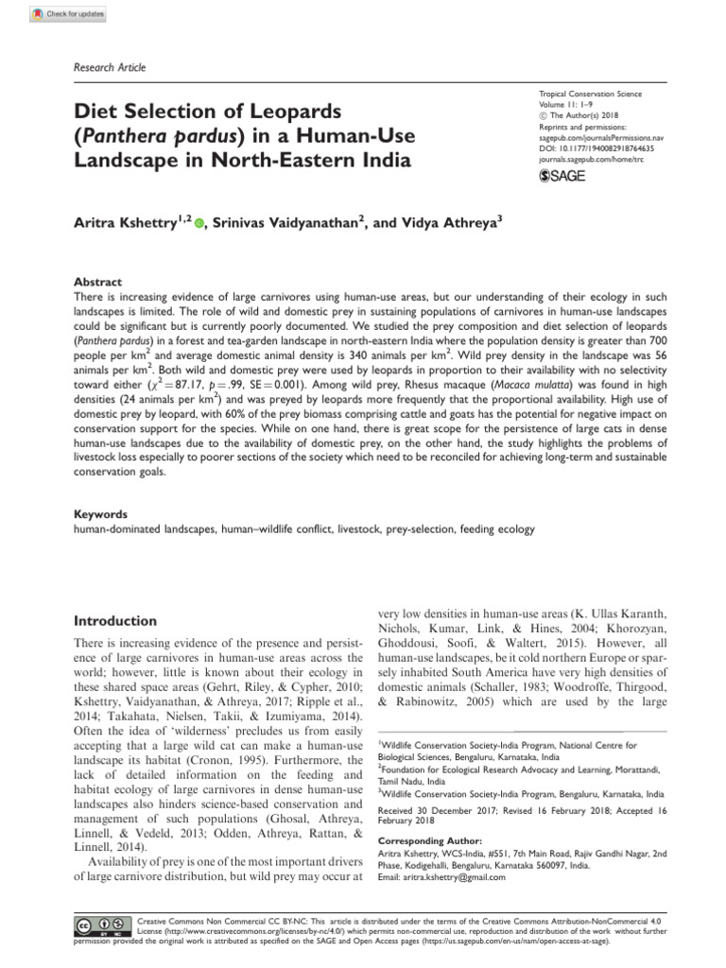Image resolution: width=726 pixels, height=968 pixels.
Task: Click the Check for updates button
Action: click(69, 15)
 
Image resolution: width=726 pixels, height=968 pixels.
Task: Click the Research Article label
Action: click(110, 67)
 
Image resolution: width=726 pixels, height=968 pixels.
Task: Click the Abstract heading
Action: click(97, 282)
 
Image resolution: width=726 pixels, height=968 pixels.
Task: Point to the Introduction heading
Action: click(115, 621)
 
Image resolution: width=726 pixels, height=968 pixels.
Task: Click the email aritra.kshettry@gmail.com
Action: click(455, 876)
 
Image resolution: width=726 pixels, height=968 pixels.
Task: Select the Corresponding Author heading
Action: click(430, 840)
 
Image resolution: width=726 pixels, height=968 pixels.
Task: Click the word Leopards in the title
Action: click(277, 112)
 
